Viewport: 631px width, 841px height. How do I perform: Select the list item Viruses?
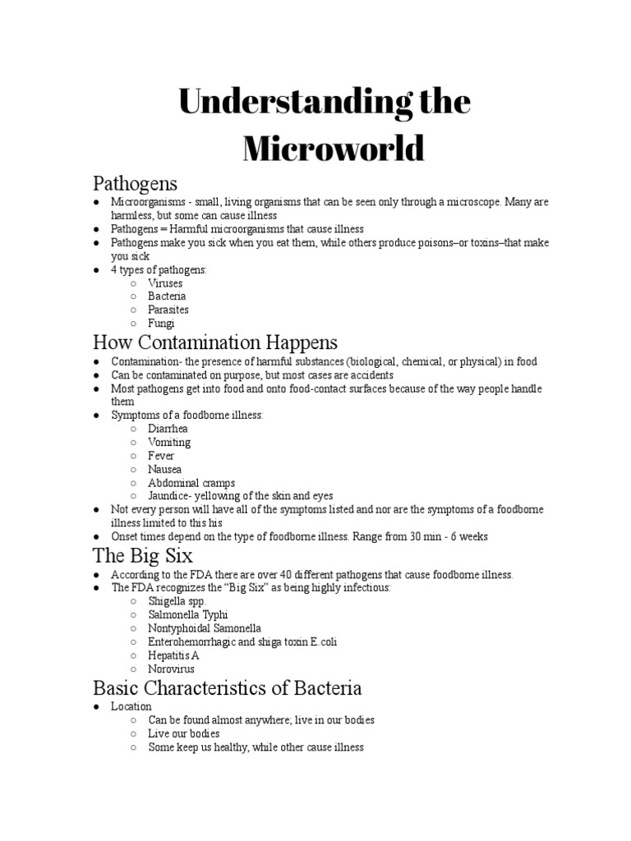pyautogui.click(x=165, y=283)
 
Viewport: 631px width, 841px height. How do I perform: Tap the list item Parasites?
pyautogui.click(x=168, y=310)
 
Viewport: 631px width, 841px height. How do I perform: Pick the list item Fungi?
pyautogui.click(x=161, y=324)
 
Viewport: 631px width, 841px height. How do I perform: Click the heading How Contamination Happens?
pyautogui.click(x=215, y=342)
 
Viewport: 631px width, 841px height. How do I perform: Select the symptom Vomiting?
pyautogui.click(x=169, y=442)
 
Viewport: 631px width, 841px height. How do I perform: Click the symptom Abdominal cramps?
pyautogui.click(x=191, y=483)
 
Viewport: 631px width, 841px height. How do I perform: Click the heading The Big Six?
pyautogui.click(x=143, y=556)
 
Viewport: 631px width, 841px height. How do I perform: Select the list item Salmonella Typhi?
pyautogui.click(x=188, y=615)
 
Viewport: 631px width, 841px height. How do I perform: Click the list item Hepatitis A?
pyautogui.click(x=173, y=655)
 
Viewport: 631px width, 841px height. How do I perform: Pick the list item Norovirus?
pyautogui.click(x=172, y=669)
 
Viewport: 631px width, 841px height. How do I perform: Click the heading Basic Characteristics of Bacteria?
pyautogui.click(x=228, y=687)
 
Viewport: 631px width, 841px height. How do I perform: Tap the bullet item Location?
pyautogui.click(x=131, y=706)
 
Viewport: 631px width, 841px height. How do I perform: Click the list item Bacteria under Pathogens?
pyautogui.click(x=167, y=296)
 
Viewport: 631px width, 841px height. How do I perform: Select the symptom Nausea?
pyautogui.click(x=165, y=469)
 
